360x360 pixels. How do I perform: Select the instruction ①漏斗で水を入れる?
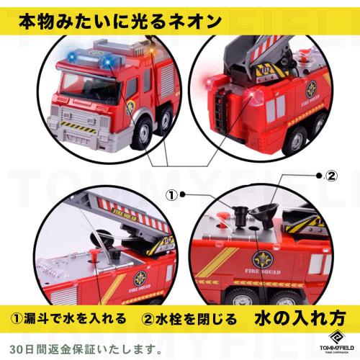pyautogui.click(x=68, y=318)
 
